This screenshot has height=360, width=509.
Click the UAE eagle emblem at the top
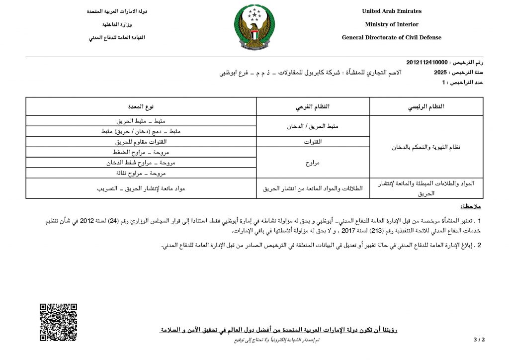point(254,27)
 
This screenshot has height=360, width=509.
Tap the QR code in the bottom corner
point(58,322)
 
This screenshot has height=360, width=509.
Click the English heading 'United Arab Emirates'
point(391,11)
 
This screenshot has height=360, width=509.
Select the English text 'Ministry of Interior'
point(391,24)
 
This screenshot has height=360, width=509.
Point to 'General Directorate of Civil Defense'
point(391,38)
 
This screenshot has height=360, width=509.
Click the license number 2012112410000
point(427,63)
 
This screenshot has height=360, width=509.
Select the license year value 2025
point(440,73)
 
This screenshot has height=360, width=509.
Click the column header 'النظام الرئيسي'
point(426,106)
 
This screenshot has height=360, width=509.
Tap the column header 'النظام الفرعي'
point(313,106)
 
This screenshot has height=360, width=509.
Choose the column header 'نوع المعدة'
point(141,106)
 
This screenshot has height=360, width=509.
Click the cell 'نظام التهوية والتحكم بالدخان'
point(426,147)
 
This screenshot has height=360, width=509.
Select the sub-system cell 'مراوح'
point(313,162)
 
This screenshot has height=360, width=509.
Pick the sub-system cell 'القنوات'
point(313,142)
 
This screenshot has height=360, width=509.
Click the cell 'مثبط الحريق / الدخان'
point(313,126)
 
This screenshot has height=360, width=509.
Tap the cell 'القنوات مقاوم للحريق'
point(141,142)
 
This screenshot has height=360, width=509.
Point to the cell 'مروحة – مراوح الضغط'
point(141,152)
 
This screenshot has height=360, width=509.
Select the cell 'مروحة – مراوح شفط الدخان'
point(141,163)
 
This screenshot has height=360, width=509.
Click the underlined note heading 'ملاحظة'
point(471,206)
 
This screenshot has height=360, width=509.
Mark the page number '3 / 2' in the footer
point(479,340)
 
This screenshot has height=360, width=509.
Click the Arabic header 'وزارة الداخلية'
point(117,24)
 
